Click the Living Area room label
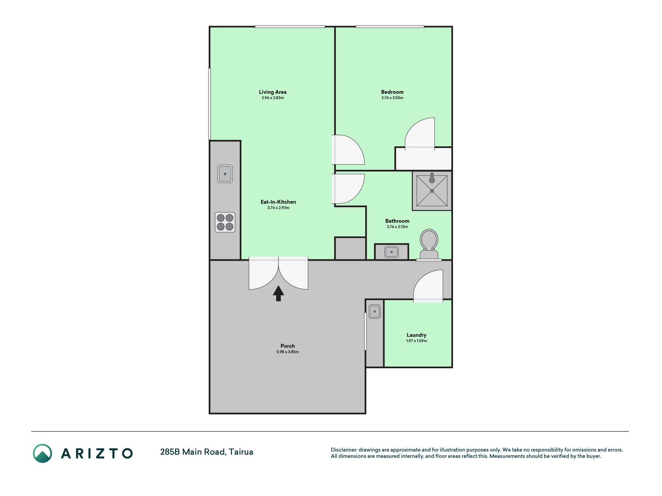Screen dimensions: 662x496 (273, 92)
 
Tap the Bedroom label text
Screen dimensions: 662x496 (392, 92)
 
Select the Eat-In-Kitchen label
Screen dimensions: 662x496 (278, 202)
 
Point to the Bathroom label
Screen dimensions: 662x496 (397, 221)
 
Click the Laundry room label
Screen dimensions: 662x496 (417, 335)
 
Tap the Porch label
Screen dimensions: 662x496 (288, 346)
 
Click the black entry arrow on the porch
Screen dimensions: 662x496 (278, 293)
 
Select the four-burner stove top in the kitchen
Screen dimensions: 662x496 (225, 222)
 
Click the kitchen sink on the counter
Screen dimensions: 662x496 (225, 174)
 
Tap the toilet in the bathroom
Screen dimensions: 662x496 (429, 244)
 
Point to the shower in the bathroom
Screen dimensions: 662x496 (432, 191)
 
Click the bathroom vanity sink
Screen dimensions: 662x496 (392, 252)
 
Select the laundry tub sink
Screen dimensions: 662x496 (375, 312)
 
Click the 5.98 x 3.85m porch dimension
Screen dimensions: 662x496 (288, 352)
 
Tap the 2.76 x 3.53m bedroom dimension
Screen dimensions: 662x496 (392, 98)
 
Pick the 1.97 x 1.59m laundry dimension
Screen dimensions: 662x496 (417, 341)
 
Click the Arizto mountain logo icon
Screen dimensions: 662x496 (42, 453)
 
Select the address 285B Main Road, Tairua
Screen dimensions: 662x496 (207, 452)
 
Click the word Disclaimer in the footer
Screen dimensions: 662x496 (344, 450)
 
